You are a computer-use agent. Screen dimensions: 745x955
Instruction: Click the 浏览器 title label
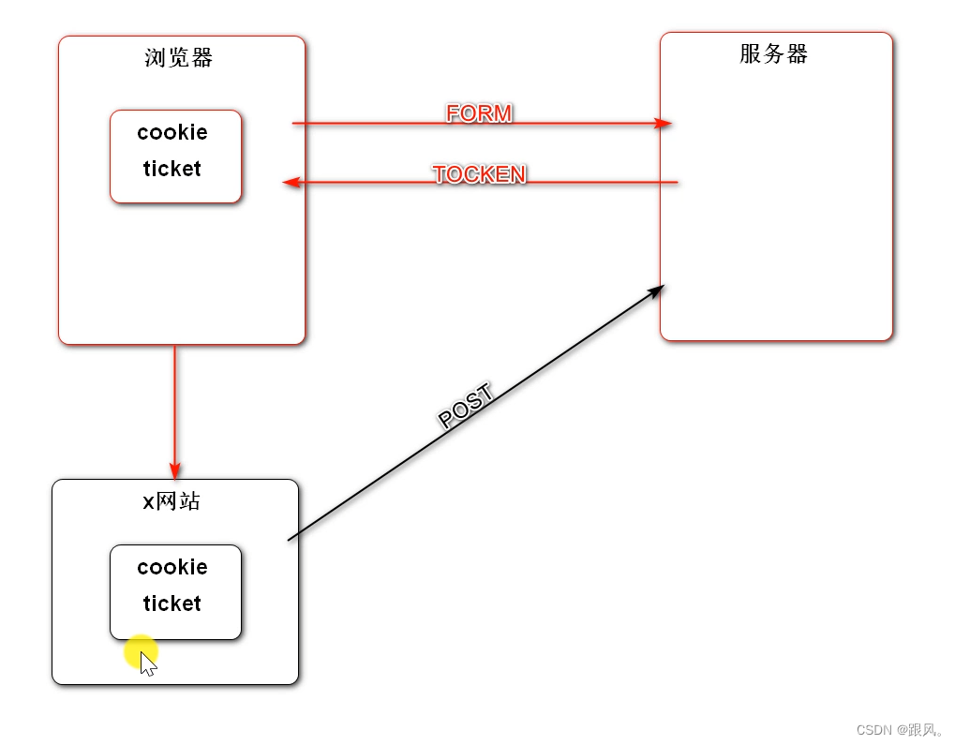tap(179, 58)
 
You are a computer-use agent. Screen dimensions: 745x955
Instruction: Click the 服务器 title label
tap(773, 54)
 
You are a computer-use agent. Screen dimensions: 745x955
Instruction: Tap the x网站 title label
tap(172, 501)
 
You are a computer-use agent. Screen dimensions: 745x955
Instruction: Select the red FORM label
tap(479, 113)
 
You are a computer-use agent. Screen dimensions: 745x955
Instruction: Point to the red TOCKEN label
tap(479, 174)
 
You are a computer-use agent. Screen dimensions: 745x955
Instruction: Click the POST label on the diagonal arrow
tap(466, 408)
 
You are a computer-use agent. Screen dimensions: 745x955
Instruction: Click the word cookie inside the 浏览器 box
tap(172, 132)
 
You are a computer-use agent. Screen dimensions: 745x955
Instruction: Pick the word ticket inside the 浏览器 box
tap(172, 169)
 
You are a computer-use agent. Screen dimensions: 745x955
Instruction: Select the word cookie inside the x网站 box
tap(172, 567)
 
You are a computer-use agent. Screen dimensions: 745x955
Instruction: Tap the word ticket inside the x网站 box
tap(172, 603)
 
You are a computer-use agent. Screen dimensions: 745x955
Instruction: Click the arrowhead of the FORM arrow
tap(664, 123)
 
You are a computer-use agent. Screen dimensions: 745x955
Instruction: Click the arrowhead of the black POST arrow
tap(656, 291)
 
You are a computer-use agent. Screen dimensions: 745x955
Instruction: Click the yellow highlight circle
tap(141, 650)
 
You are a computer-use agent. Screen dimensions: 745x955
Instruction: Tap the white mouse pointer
tap(147, 663)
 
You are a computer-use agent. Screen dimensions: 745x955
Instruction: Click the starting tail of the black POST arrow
tap(290, 539)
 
